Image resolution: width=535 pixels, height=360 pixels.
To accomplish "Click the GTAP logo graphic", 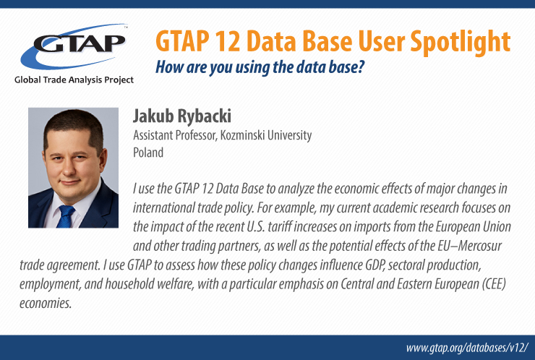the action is click(x=74, y=46).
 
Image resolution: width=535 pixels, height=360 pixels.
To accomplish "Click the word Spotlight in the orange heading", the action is click(x=461, y=43).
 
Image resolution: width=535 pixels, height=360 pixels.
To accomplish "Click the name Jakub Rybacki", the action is click(x=182, y=116).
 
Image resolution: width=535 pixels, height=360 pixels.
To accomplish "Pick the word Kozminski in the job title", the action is click(x=242, y=135).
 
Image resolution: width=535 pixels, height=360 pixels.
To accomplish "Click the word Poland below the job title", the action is click(x=148, y=153).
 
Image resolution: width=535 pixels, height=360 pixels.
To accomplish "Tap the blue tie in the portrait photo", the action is click(x=65, y=216).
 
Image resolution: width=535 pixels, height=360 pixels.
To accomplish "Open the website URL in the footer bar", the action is click(x=467, y=348).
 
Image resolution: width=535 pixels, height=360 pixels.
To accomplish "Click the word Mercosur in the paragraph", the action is click(x=480, y=246).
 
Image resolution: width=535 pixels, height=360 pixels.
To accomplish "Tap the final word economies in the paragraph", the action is click(x=46, y=303).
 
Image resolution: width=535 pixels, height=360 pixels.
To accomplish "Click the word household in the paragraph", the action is click(x=129, y=284).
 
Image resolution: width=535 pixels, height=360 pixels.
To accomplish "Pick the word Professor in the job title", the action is click(x=197, y=135).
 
